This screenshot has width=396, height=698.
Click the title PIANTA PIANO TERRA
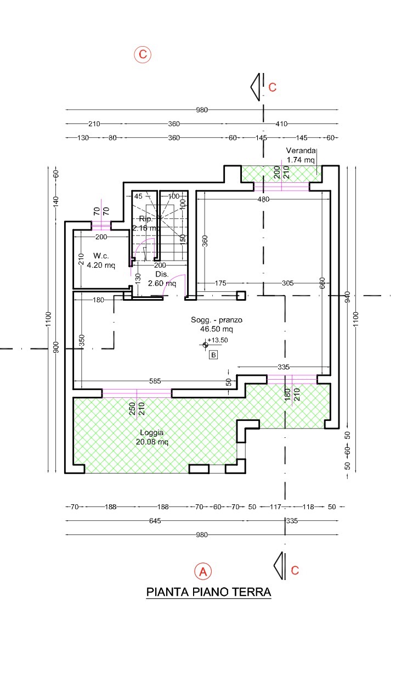tap(208, 592)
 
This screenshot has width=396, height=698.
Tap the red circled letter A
tap(203, 571)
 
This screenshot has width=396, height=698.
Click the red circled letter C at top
tap(143, 54)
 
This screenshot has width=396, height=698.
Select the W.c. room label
tap(101, 256)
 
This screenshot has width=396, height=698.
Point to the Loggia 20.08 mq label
tap(152, 437)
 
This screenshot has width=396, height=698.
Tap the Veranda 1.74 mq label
tap(301, 155)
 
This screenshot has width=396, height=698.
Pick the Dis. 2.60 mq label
tap(162, 279)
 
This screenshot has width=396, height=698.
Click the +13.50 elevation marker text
tap(218, 340)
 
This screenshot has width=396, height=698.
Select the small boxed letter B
tap(213, 355)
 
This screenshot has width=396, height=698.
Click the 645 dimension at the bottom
tap(155, 521)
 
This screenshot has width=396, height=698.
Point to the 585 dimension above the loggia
tap(155, 381)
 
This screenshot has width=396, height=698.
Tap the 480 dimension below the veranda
tap(263, 199)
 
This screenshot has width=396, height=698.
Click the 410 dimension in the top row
tap(281, 123)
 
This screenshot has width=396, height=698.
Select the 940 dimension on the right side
tap(348, 297)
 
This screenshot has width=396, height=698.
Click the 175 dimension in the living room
tap(220, 283)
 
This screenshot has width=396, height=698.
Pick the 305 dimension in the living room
tap(287, 283)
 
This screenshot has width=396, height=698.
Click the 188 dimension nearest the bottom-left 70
tap(110, 506)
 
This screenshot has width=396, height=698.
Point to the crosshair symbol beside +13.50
tap(205, 345)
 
